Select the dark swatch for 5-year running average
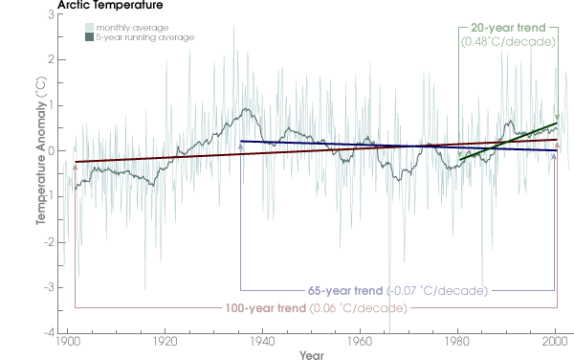click(x=87, y=37)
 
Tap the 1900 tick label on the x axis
click(x=67, y=341)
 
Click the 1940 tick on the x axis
click(x=262, y=341)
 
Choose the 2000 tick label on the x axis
click(x=555, y=341)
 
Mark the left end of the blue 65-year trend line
click(x=241, y=141)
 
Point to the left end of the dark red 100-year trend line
click(x=76, y=162)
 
